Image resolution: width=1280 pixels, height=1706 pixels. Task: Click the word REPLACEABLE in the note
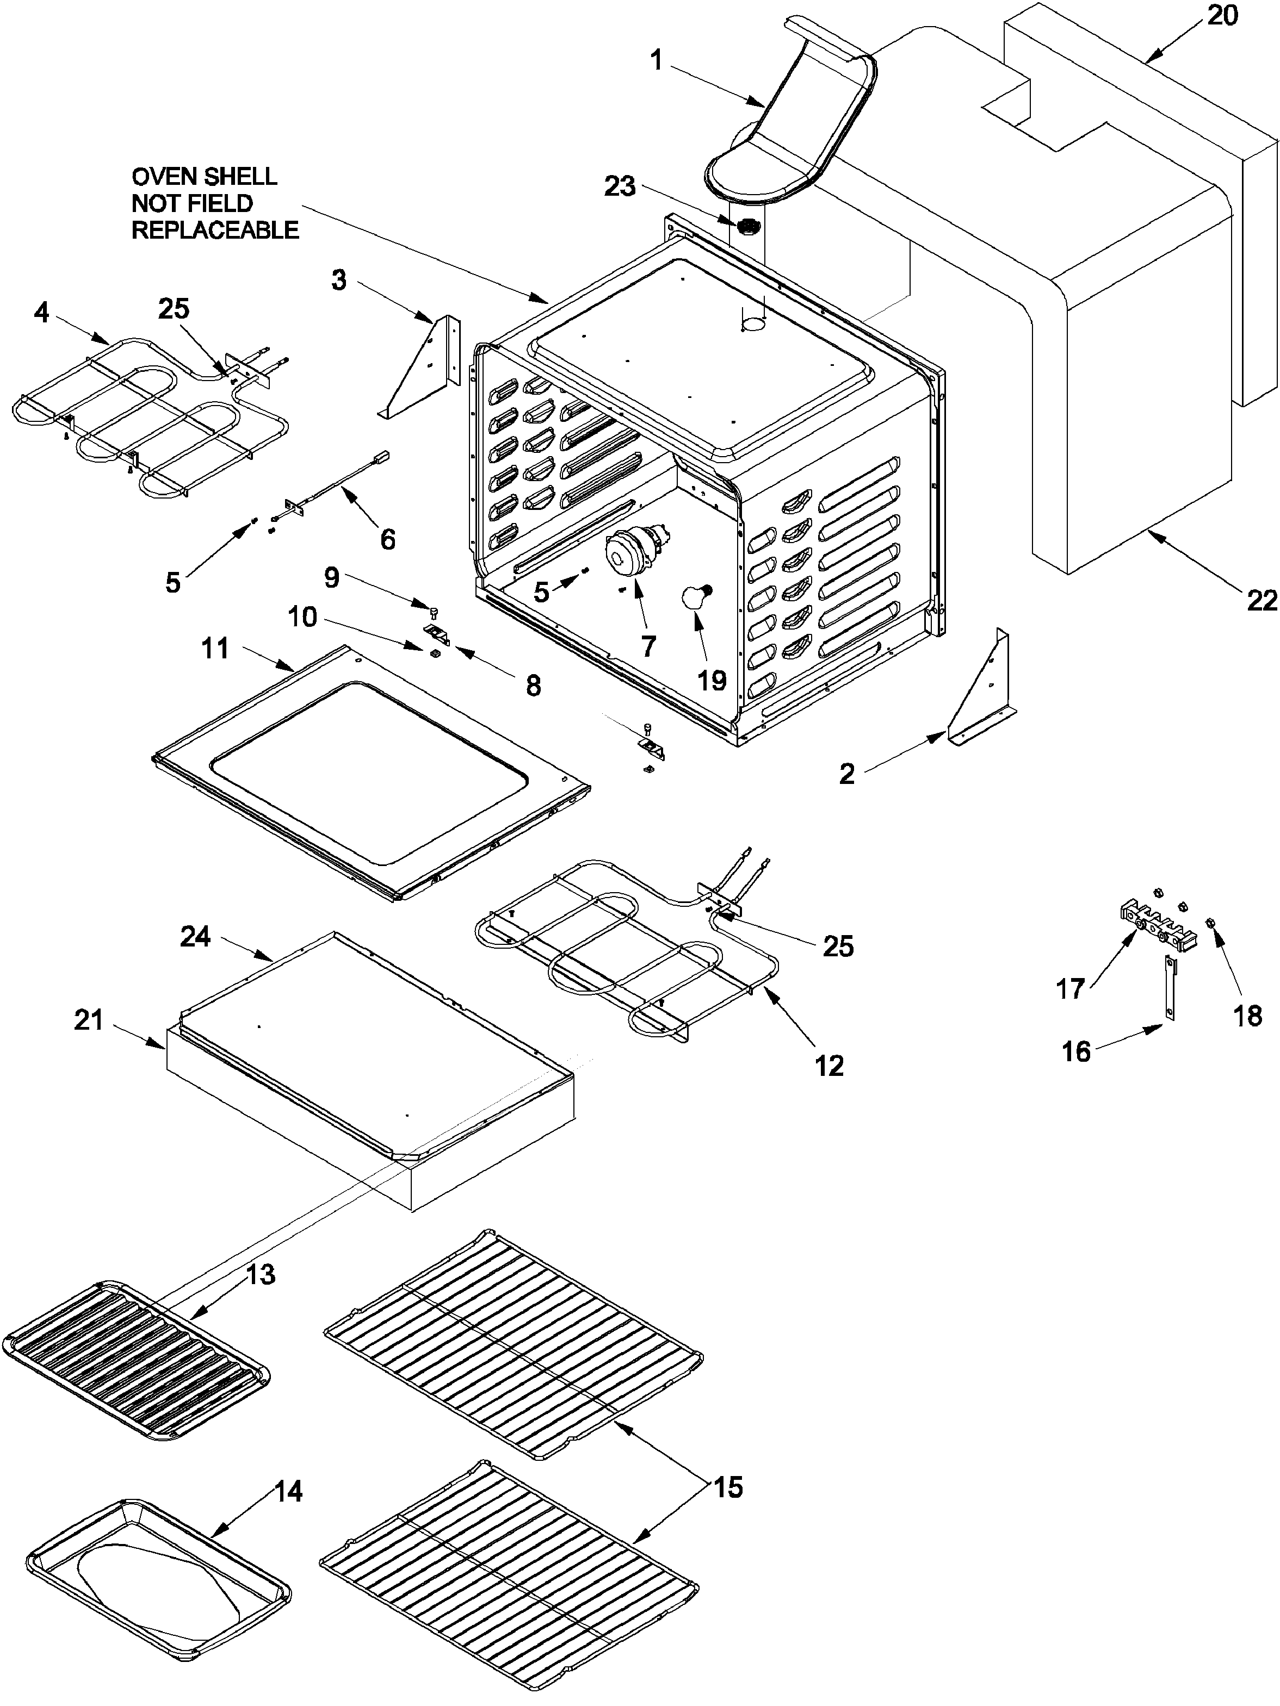click(x=215, y=230)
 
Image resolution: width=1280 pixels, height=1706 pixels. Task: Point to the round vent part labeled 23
click(x=747, y=227)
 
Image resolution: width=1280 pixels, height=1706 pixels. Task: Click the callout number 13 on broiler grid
click(x=261, y=1274)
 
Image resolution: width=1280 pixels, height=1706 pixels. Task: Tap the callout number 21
click(x=89, y=1020)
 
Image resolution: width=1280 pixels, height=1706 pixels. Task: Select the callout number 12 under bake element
click(x=828, y=1066)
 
